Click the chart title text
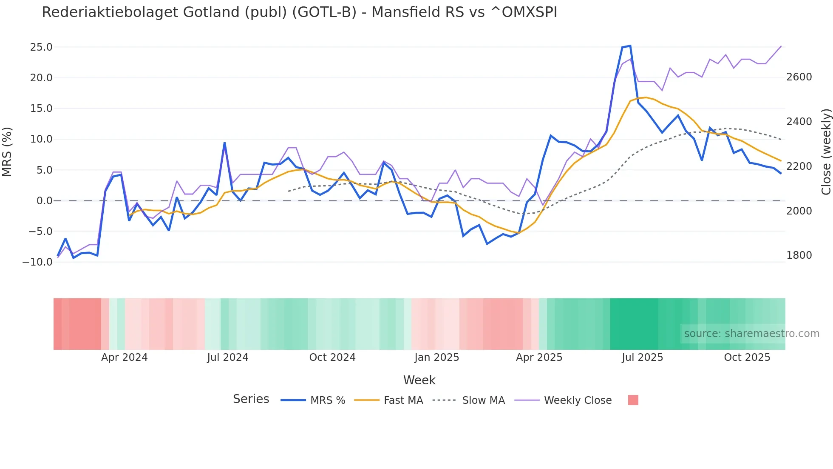click(x=299, y=12)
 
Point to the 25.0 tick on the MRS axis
click(x=41, y=47)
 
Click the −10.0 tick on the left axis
click(x=37, y=262)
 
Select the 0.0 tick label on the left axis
click(x=44, y=201)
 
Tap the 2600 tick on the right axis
click(x=799, y=77)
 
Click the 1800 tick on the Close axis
click(x=799, y=255)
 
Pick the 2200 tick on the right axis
click(x=799, y=166)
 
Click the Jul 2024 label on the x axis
click(x=227, y=357)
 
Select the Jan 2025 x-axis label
click(x=436, y=357)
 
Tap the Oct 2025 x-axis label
click(x=747, y=357)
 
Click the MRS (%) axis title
click(x=7, y=152)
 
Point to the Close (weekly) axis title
click(x=826, y=152)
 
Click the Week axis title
click(x=419, y=380)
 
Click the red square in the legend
click(x=633, y=400)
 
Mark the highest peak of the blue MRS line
click(x=630, y=46)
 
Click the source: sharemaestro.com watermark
click(x=751, y=334)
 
